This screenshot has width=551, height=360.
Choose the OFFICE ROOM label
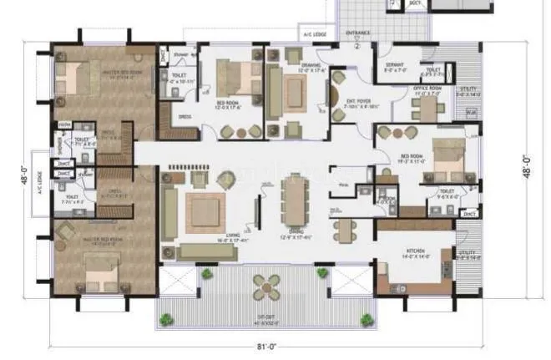pos(427,88)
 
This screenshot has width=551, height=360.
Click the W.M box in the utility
pos(471,113)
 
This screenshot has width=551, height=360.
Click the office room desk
pos(428,108)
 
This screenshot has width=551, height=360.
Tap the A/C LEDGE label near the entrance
pos(314,34)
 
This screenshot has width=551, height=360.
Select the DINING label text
pos(293,235)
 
